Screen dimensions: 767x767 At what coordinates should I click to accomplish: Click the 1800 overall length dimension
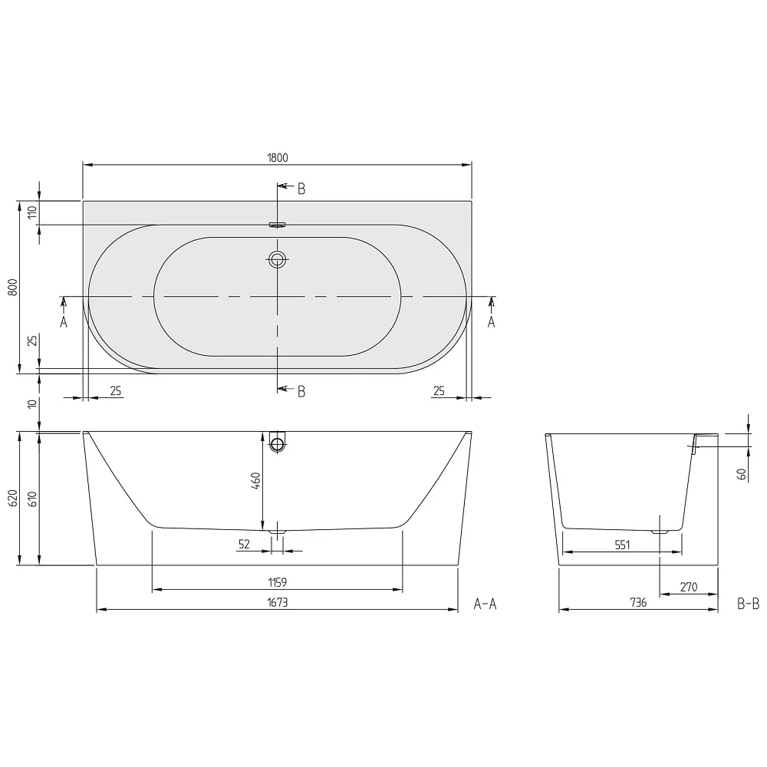[x=277, y=157]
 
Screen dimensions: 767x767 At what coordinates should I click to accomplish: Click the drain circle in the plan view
[x=277, y=259]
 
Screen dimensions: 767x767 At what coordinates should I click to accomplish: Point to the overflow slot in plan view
[x=277, y=225]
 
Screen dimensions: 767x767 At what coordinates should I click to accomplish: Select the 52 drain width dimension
[x=245, y=544]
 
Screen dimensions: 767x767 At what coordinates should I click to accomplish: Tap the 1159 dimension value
[x=277, y=583]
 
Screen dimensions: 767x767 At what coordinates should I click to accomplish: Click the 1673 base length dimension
[x=277, y=603]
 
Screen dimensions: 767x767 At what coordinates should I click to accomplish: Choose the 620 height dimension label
[x=12, y=499]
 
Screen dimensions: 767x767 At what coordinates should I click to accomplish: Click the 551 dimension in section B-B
[x=621, y=545]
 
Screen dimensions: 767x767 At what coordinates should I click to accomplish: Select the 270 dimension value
[x=688, y=588]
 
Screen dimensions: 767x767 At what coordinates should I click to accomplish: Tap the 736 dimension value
[x=637, y=603]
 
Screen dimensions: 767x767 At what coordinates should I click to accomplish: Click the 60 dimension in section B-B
[x=742, y=473]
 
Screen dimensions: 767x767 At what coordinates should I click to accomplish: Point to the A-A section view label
[x=485, y=604]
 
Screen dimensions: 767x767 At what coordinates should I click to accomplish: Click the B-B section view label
[x=748, y=604]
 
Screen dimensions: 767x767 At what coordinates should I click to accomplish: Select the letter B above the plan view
[x=301, y=189]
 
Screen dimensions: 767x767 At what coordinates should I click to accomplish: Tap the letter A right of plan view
[x=492, y=322]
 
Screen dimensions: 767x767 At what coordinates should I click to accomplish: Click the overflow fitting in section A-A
[x=277, y=442]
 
